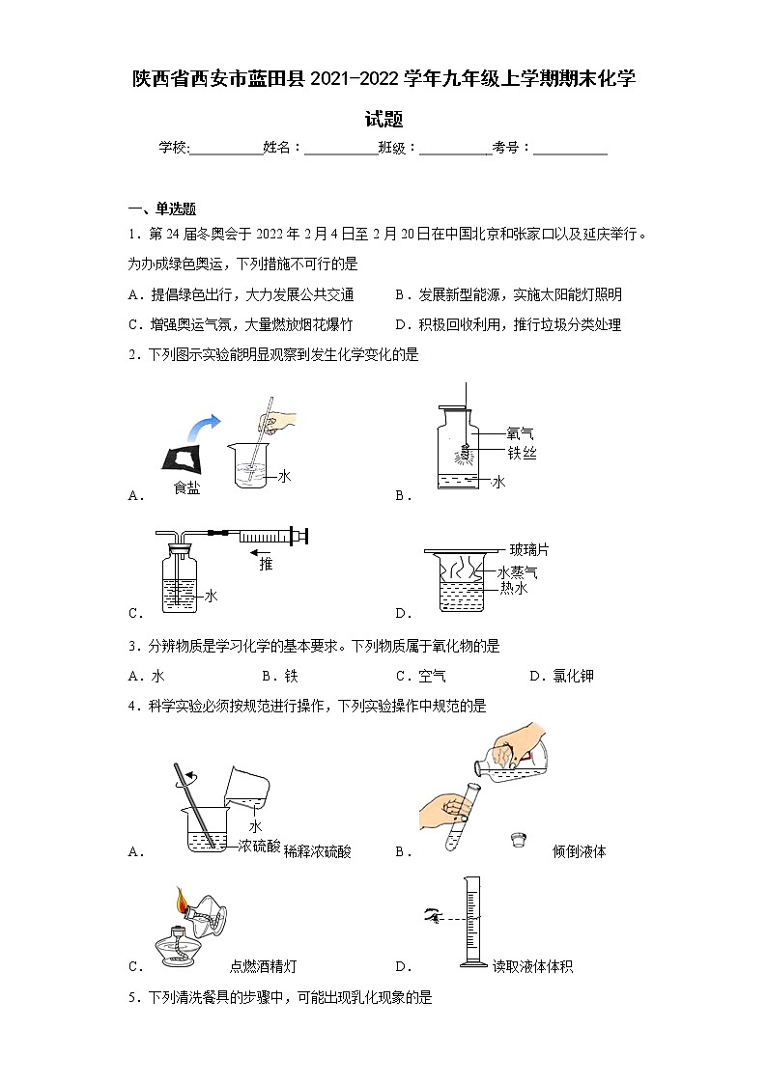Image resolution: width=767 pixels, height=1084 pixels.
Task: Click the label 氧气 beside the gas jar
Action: pos(520,434)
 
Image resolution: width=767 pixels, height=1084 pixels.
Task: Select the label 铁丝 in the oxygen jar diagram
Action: pos(522,453)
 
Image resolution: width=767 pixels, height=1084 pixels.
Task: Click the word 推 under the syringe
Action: pos(266,565)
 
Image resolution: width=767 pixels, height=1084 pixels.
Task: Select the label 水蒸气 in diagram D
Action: pos(517,572)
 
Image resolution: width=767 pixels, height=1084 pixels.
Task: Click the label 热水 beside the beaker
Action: pos(513,589)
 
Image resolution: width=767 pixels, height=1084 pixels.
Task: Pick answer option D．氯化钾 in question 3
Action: pos(561,677)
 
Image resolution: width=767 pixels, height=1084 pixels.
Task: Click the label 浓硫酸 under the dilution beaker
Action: pos(259,847)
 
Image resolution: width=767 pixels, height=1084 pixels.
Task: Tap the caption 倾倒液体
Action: pos(579,851)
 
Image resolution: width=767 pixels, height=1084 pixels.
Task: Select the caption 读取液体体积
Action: pos(532,966)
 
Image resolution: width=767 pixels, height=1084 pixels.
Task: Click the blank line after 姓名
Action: pos(341,148)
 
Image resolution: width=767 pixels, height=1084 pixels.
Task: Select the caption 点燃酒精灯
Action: pos(263,966)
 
